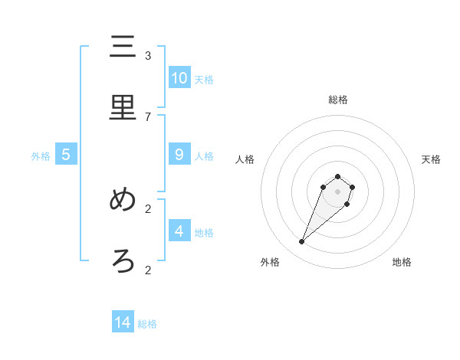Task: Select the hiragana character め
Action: coord(123,200)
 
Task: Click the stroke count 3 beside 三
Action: coord(148,55)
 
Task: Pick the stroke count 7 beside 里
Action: coord(148,116)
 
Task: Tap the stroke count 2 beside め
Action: coord(148,208)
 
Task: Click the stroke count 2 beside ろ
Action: coord(148,270)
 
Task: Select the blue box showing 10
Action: coord(179,78)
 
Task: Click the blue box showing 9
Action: coord(179,155)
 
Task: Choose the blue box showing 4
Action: coord(179,231)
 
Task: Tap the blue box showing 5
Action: coord(66,155)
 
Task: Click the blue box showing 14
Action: coord(123,322)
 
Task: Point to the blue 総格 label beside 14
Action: coord(147,324)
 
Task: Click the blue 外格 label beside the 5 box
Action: coord(41,156)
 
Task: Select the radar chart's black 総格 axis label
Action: coord(338,100)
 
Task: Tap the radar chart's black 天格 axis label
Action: coord(431,159)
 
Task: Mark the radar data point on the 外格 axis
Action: coord(302,242)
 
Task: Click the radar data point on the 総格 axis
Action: coord(338,177)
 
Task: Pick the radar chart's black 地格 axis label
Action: coord(402,263)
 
